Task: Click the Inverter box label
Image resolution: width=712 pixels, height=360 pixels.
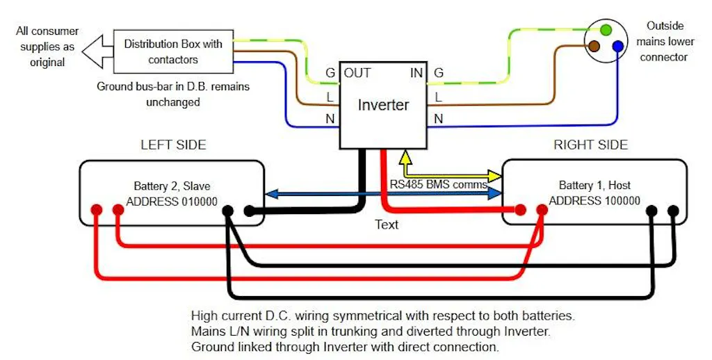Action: (383, 106)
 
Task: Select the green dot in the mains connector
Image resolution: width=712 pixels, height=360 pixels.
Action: (606, 30)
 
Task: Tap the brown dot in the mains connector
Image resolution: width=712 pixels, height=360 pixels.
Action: (594, 47)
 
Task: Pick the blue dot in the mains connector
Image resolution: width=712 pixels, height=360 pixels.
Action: (618, 47)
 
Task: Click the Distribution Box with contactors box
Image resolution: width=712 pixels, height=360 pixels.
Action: (172, 51)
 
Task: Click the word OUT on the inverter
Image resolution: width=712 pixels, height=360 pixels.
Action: (357, 73)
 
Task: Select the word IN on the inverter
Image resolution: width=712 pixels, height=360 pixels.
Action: (416, 73)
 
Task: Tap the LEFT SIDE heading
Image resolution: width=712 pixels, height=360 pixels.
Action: (173, 145)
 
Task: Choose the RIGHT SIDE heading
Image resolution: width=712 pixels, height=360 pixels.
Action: (590, 145)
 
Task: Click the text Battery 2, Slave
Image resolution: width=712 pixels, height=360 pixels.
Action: (172, 186)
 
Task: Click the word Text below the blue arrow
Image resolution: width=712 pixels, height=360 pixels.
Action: (387, 224)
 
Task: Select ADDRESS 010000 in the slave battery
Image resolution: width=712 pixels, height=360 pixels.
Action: (172, 202)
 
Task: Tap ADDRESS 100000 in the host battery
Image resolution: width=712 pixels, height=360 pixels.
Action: (594, 202)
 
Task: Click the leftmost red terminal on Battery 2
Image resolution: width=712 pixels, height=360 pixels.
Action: (97, 210)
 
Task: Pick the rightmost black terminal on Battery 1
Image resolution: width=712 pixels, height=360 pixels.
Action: (672, 210)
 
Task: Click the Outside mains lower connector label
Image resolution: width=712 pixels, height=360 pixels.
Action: (664, 41)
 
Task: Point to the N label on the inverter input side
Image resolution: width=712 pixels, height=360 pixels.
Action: (438, 120)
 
